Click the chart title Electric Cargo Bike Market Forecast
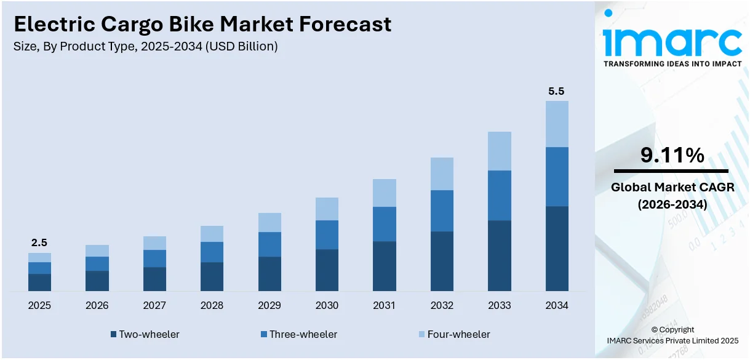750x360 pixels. point(202,24)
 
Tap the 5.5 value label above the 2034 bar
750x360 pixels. point(556,91)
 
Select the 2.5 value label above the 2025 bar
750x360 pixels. point(39,243)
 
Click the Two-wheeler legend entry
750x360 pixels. point(145,334)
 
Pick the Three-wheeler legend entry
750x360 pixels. point(299,334)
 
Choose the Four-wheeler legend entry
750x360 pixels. point(454,334)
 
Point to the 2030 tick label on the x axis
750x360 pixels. point(327,305)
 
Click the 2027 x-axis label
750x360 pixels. point(154,305)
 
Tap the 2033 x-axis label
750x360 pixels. point(500,305)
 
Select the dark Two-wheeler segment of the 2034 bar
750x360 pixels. point(557,249)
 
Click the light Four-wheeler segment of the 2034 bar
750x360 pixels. point(557,124)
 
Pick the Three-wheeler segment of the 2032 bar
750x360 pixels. point(442,210)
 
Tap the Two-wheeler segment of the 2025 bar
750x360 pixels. point(39,282)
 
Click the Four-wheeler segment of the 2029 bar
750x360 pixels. point(269,222)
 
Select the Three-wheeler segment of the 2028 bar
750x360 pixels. point(212,252)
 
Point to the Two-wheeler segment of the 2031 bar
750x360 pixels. point(385,266)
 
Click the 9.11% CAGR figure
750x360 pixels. point(672,156)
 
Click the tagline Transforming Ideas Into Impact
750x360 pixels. point(672,63)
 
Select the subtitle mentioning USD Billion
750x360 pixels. point(146,46)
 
